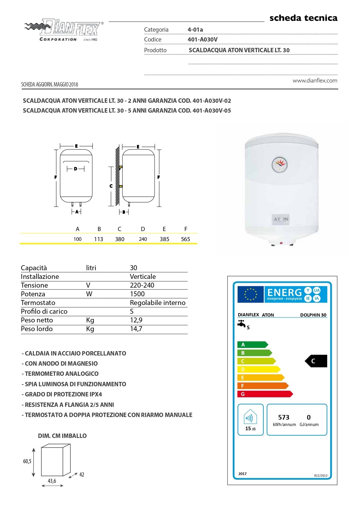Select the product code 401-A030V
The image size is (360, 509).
[202, 39]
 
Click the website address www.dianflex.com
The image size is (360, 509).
[315, 81]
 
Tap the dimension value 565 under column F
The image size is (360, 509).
[185, 239]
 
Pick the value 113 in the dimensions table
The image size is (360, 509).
[99, 239]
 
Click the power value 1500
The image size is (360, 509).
[137, 294]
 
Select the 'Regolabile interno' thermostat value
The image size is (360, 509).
[158, 303]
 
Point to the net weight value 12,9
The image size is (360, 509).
[136, 320]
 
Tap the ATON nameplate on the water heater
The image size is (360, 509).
[281, 219]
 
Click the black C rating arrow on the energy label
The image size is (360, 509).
[316, 361]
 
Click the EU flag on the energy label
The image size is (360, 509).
[250, 294]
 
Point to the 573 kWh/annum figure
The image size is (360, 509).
[284, 417]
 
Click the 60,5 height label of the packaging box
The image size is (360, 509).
[27, 461]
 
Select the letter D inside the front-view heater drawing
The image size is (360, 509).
[75, 169]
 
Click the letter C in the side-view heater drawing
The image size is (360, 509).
[111, 186]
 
